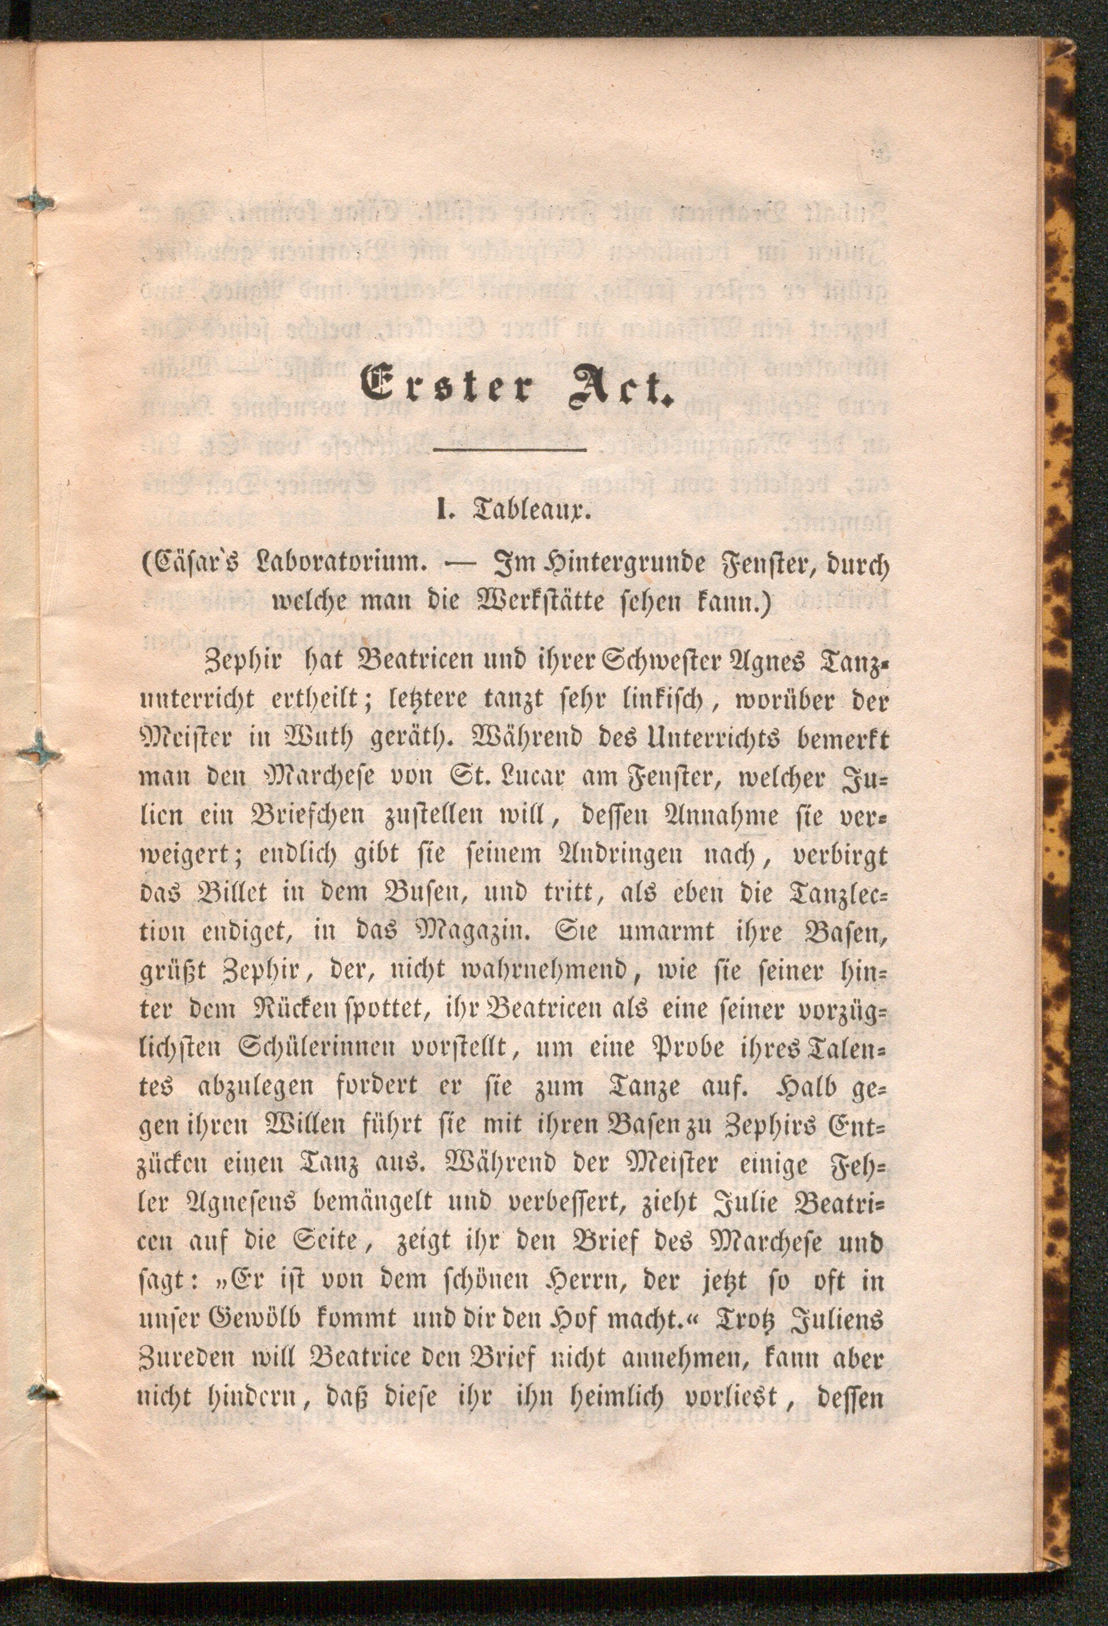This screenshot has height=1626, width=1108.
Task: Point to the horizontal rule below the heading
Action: pyautogui.click(x=510, y=449)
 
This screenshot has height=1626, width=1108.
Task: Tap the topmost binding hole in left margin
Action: pyautogui.click(x=36, y=202)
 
